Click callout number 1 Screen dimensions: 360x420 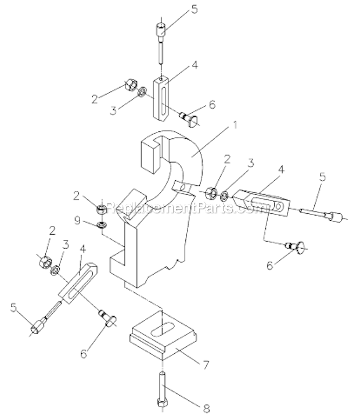tap(235, 125)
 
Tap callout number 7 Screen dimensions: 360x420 tap(206, 365)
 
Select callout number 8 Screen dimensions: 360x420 tap(206, 409)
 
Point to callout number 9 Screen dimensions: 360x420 tap(77, 220)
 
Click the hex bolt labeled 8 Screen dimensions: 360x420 tap(162, 389)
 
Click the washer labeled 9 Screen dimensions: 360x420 tap(102, 224)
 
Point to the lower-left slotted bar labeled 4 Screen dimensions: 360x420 tap(78, 284)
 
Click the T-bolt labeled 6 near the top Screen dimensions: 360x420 tap(189, 120)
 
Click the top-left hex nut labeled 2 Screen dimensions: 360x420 tap(130, 85)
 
